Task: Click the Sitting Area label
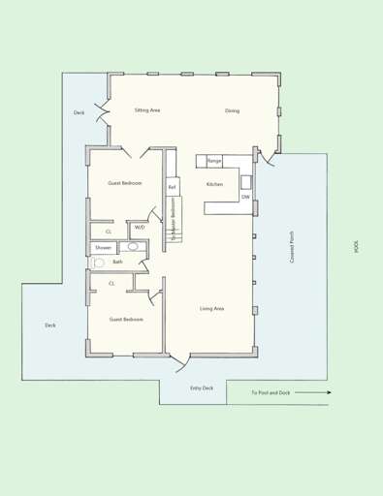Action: tap(175, 110)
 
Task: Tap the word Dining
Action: tap(233, 110)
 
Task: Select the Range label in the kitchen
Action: tap(214, 161)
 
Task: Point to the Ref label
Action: tap(172, 187)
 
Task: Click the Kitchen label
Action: tap(215, 184)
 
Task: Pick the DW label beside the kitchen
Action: tap(245, 197)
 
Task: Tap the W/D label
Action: tap(140, 228)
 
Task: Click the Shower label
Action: tap(103, 248)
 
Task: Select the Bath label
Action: tap(117, 262)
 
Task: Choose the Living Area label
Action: tap(212, 308)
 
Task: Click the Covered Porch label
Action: tap(292, 248)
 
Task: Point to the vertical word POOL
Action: tap(357, 248)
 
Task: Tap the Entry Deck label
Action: tap(202, 387)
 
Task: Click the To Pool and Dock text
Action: tap(271, 392)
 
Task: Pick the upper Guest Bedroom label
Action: tap(125, 183)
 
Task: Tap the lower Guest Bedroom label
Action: tap(126, 319)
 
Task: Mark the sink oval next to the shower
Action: tap(133, 247)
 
